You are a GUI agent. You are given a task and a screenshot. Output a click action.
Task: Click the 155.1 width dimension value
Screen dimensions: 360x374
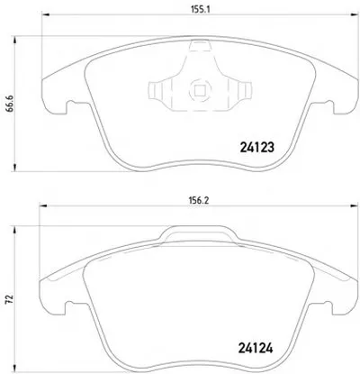(201, 9)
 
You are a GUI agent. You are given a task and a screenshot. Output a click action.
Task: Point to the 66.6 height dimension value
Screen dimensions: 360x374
(10, 104)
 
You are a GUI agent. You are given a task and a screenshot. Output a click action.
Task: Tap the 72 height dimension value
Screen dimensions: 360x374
(10, 298)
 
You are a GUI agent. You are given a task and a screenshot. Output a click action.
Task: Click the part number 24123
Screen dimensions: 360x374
(257, 147)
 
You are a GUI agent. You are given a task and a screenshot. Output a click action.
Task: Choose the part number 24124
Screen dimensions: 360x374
(256, 348)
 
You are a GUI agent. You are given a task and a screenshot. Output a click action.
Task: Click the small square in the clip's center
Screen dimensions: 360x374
(200, 90)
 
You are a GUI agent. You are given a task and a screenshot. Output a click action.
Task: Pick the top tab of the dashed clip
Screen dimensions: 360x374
(200, 46)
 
